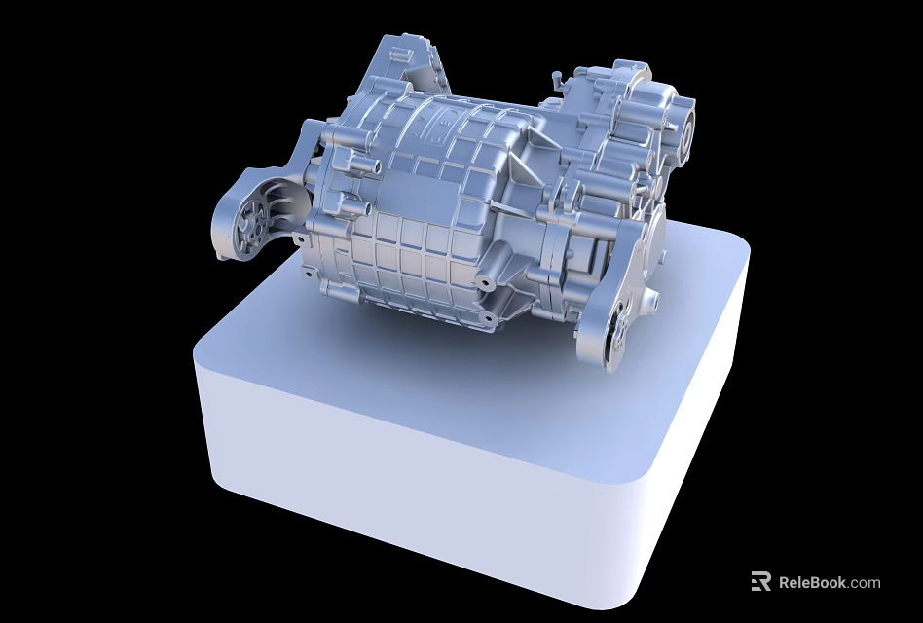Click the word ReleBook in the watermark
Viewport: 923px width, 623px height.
coord(814,582)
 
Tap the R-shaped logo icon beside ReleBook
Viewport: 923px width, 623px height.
coord(761,580)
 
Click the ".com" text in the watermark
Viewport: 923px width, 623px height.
coord(865,583)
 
